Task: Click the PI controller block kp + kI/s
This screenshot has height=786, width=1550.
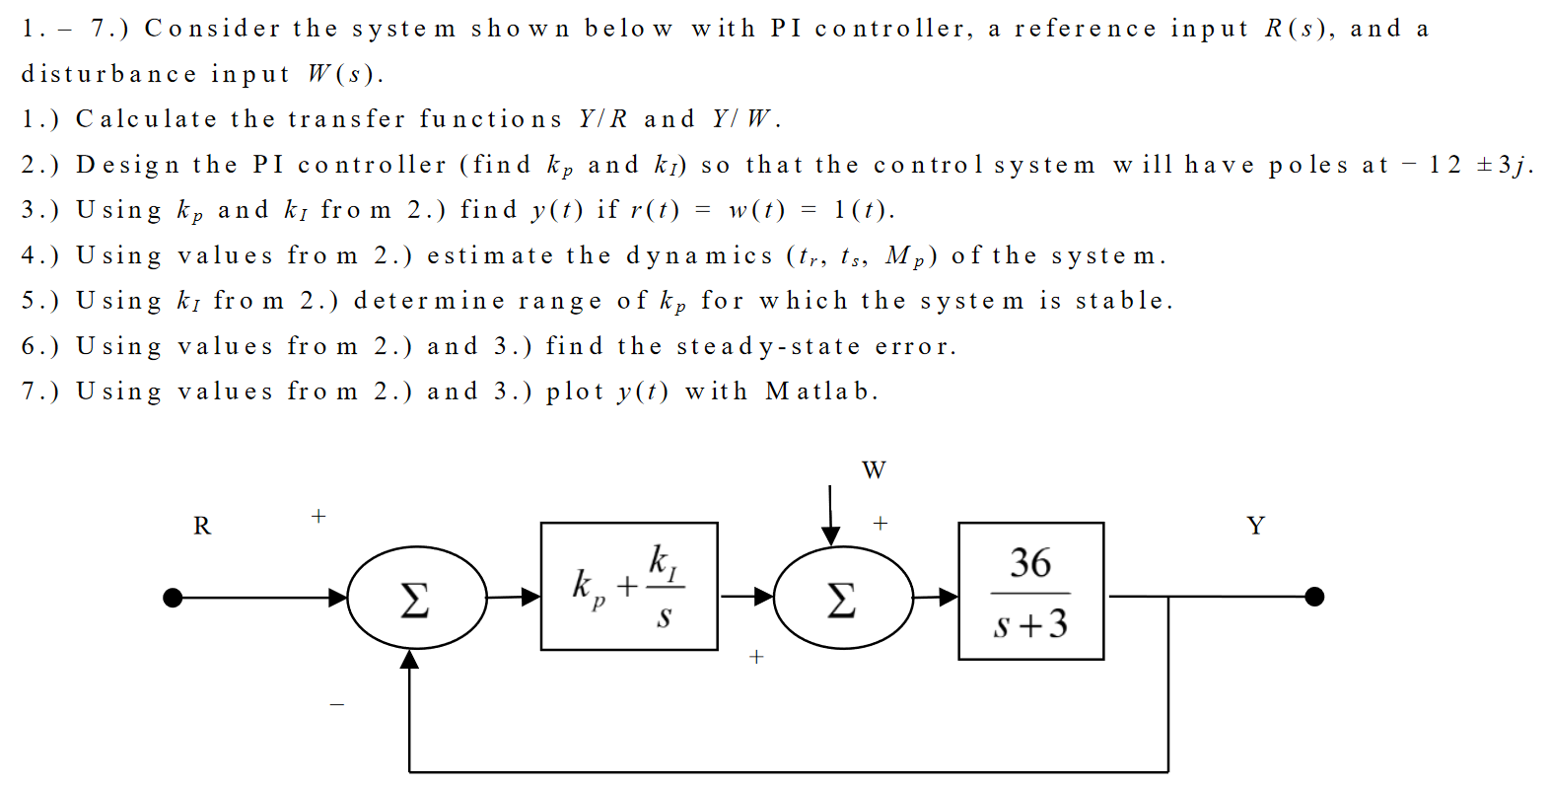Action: (x=629, y=586)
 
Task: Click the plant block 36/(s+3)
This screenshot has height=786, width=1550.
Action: (x=1030, y=591)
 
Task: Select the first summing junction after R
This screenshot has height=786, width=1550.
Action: (x=416, y=597)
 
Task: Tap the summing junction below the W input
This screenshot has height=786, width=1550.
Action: (x=842, y=597)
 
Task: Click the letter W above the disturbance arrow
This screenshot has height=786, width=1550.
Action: (x=874, y=470)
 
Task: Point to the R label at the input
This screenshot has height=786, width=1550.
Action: (x=202, y=526)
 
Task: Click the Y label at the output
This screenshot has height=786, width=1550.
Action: (x=1255, y=526)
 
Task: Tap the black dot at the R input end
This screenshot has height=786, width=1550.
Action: (x=173, y=598)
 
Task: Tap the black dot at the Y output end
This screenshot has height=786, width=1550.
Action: (x=1313, y=597)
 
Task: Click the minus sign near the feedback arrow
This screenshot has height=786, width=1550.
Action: (x=337, y=704)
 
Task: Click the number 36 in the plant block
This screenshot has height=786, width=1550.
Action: (x=1030, y=563)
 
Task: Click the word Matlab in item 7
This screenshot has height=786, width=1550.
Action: (x=820, y=392)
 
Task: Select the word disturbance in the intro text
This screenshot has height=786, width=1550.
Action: (x=108, y=74)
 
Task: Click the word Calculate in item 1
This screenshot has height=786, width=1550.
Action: (x=146, y=119)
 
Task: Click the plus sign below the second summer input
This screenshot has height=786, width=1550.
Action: (x=756, y=657)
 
